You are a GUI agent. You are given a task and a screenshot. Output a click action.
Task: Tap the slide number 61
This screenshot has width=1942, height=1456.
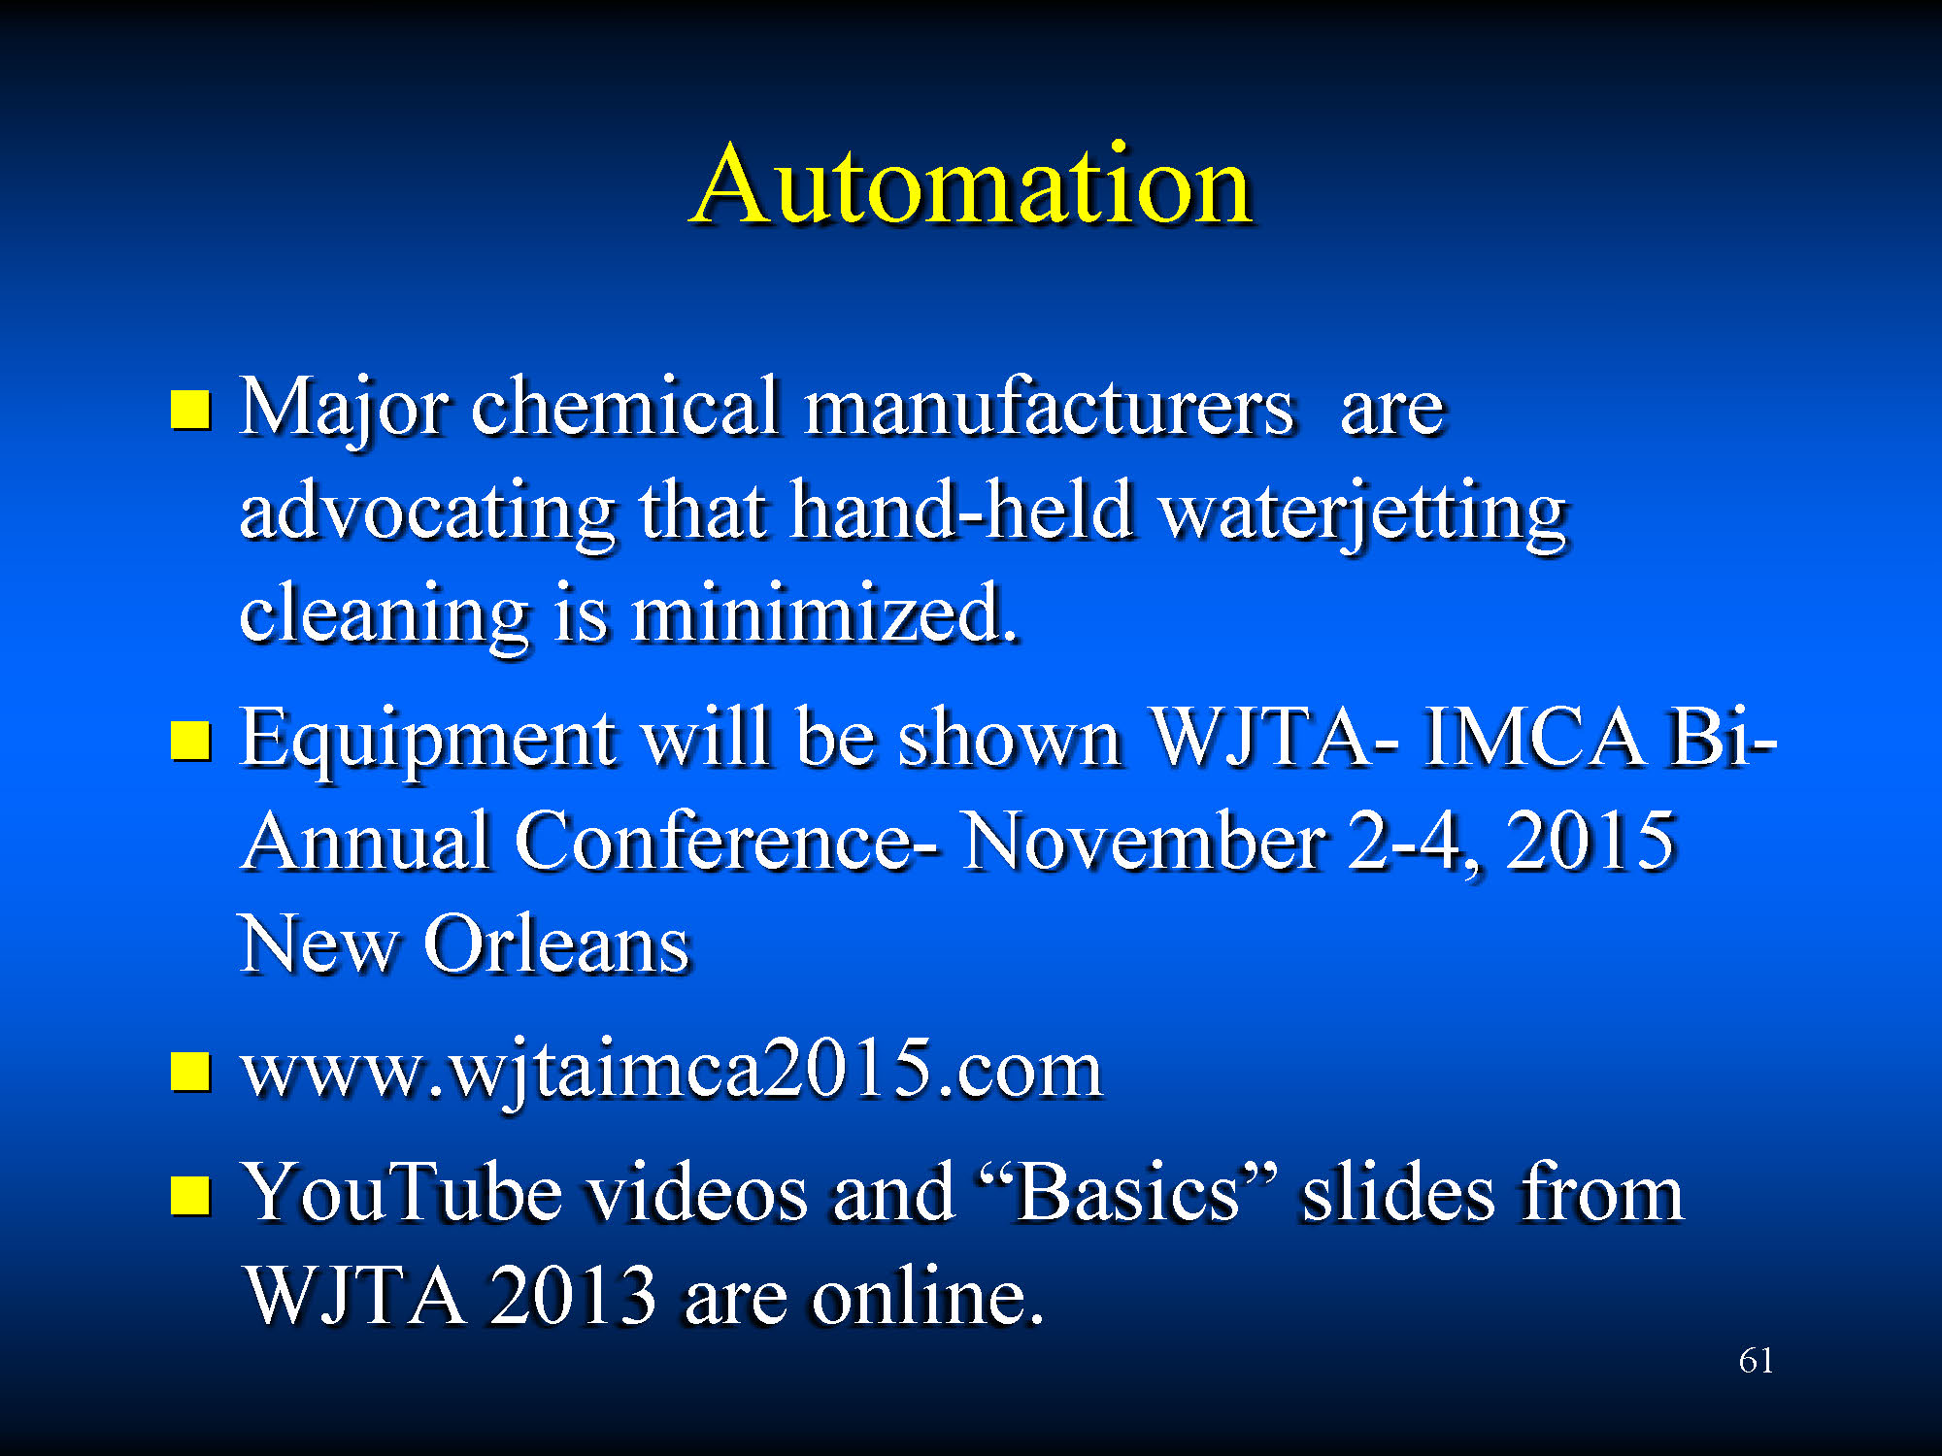[1756, 1361]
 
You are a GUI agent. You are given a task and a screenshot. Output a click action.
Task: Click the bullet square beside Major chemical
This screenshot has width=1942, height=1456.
[190, 409]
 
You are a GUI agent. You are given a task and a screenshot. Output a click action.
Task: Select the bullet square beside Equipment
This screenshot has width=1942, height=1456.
[190, 741]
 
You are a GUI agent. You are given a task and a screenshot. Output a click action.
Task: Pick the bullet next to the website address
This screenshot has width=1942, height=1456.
[190, 1073]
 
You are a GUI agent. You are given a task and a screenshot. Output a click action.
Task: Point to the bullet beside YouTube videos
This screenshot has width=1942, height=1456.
[190, 1196]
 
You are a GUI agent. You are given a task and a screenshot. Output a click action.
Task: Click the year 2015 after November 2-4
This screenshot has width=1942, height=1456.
[1590, 841]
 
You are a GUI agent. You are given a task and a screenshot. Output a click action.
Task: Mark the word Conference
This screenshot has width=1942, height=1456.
[714, 841]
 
